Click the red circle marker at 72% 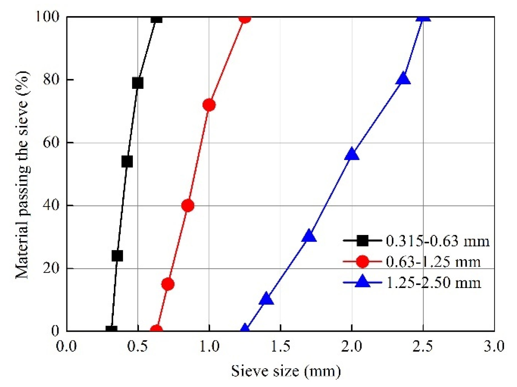click(209, 105)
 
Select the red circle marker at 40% click(188, 206)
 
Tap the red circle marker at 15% click(168, 284)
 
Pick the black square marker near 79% click(138, 83)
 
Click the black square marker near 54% click(127, 162)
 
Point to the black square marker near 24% click(117, 256)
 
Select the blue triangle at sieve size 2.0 click(352, 154)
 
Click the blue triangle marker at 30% click(309, 236)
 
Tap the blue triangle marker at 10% click(266, 299)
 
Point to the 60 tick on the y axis click(51, 143)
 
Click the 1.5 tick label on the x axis click(280, 346)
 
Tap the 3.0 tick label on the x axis click(494, 346)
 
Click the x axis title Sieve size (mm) click(286, 371)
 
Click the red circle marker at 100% click(245, 18)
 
